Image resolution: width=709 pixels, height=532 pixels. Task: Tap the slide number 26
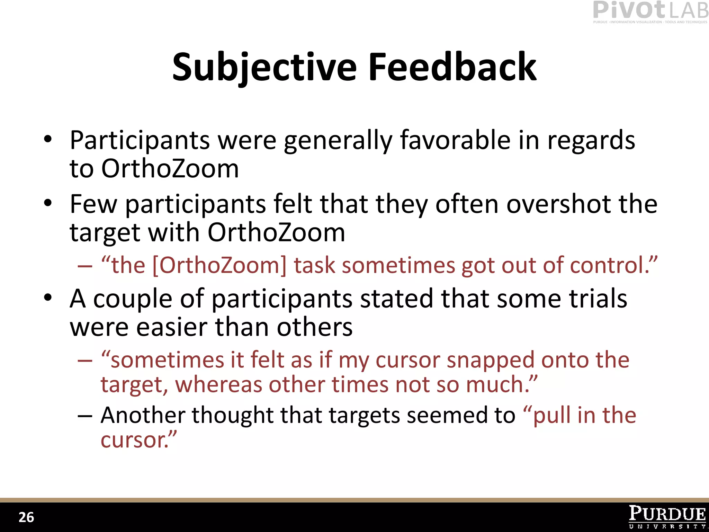pos(26,517)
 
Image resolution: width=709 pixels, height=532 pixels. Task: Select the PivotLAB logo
pos(650,12)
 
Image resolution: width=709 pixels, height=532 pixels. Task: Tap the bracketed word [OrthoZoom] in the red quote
pos(219,266)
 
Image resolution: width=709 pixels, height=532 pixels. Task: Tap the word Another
pos(143,415)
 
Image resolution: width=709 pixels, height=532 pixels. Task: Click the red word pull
pos(552,415)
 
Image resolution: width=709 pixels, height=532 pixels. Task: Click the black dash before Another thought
pos(85,415)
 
